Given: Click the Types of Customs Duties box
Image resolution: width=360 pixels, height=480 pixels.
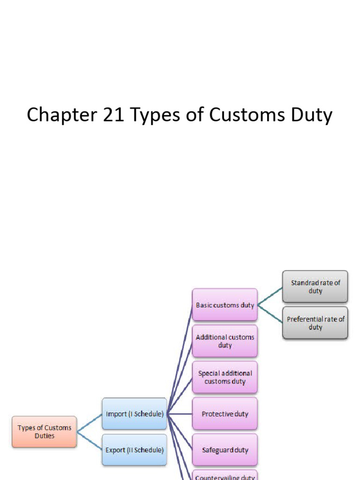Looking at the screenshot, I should (45, 432).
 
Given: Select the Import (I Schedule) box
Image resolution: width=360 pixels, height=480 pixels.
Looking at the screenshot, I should (135, 414).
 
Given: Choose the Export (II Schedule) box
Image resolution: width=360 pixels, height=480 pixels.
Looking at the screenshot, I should (135, 450).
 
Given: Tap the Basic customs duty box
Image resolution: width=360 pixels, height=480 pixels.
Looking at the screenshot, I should (225, 305).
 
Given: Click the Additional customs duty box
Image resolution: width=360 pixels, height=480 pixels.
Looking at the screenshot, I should (225, 341).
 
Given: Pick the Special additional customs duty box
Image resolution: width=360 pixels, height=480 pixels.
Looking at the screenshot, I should (225, 377).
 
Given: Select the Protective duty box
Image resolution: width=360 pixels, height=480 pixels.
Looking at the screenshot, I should (225, 414).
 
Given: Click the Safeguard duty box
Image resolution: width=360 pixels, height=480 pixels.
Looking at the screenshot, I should (225, 450).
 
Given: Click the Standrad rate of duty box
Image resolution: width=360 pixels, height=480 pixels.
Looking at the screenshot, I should (315, 286).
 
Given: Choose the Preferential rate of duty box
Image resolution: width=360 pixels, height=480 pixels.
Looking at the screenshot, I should (315, 323).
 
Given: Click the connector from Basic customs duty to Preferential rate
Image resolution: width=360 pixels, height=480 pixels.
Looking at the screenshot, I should (270, 315).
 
